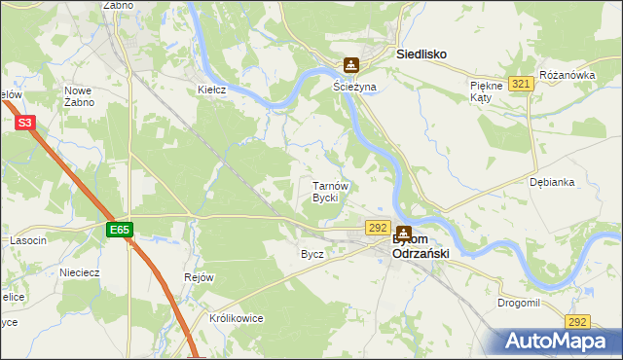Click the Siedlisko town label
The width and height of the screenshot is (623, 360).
tap(421, 55)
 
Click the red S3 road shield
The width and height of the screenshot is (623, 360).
tap(25, 123)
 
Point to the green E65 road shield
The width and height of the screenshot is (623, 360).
tap(119, 230)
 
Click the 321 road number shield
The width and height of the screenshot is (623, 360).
tap(522, 85)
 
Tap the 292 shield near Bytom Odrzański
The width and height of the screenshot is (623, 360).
tap(379, 227)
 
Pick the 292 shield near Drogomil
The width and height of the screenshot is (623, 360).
tap(578, 321)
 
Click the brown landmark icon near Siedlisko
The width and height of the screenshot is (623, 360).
tap(350, 66)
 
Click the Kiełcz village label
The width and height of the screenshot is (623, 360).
tap(212, 90)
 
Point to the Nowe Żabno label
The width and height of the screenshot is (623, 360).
tap(79, 96)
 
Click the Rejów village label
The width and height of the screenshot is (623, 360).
tap(199, 277)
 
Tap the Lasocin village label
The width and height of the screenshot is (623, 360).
tap(28, 239)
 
